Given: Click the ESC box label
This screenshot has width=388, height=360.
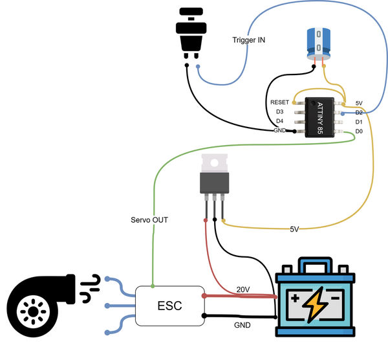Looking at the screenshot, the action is (169, 306).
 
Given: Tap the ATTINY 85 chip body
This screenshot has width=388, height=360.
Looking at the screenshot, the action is (319, 117).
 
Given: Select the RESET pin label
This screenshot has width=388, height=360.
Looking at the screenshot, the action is (279, 102).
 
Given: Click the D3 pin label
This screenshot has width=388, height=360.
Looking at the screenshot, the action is (279, 112).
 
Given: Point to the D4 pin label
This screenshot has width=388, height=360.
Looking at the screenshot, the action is (279, 121).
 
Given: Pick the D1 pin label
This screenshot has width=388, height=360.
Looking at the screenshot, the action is (359, 122).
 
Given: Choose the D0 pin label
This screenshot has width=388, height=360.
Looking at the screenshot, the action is (359, 131).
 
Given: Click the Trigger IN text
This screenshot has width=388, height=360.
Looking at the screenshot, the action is (249, 40).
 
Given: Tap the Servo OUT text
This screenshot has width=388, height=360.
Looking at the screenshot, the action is (149, 220).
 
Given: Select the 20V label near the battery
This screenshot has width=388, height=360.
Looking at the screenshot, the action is (243, 289).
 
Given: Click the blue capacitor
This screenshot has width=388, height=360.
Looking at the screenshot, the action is (319, 44).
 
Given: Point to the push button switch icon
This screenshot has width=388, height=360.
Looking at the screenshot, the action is (191, 33).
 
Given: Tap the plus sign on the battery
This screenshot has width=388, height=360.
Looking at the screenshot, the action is (295, 298).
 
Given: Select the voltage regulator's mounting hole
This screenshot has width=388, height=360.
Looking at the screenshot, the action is (214, 163).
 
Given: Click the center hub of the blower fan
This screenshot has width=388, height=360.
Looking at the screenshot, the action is (33, 311).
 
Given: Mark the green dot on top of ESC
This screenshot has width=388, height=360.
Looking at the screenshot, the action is (153, 286).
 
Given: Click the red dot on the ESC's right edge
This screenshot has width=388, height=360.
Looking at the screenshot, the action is (204, 296).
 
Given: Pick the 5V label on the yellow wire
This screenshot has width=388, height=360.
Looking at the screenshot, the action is (294, 229).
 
